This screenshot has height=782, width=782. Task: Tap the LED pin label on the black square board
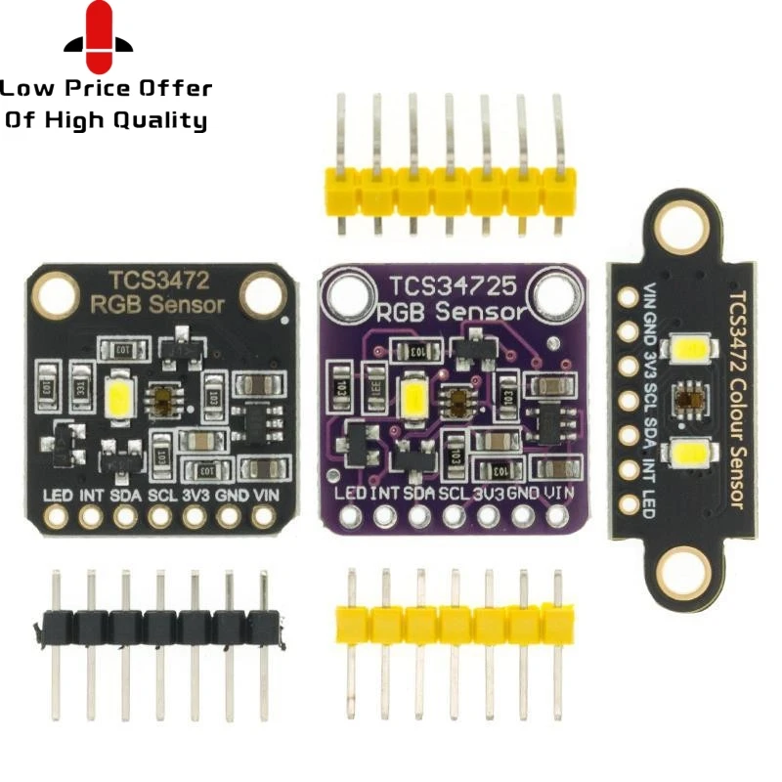(55, 495)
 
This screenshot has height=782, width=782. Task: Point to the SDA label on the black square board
(124, 495)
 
